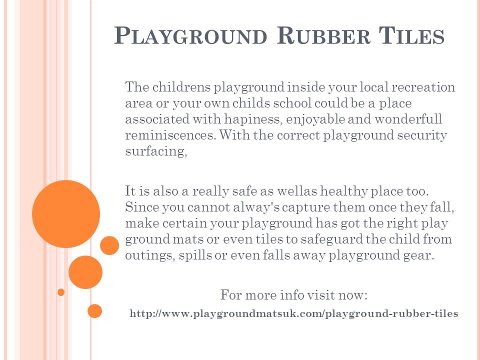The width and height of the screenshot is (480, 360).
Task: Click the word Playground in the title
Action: point(190,36)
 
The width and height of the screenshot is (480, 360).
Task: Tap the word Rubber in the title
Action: point(323,36)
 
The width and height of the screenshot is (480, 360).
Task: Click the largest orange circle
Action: point(66,214)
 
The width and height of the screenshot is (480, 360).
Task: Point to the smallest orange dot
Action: point(61,292)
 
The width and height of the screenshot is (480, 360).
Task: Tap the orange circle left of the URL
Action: point(94,311)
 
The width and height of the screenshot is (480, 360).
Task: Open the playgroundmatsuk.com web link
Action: point(294,313)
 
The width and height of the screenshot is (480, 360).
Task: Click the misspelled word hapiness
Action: point(252,119)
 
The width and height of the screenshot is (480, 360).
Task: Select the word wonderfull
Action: point(408,119)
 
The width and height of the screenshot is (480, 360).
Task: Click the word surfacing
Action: point(156,151)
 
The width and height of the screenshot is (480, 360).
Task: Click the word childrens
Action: point(181,87)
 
